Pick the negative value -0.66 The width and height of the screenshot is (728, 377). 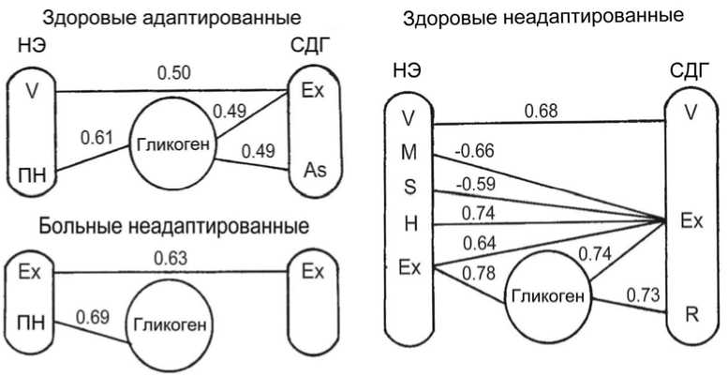[x=472, y=150]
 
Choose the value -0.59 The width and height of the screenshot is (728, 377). [x=472, y=183]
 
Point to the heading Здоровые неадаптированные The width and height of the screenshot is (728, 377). [x=542, y=17]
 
